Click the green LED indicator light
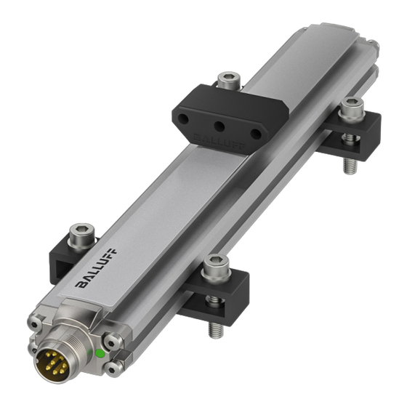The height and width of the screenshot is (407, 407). point(99,354)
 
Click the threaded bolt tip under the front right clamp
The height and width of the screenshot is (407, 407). point(215,329)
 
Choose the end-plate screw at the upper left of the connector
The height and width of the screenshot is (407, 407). point(36,322)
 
